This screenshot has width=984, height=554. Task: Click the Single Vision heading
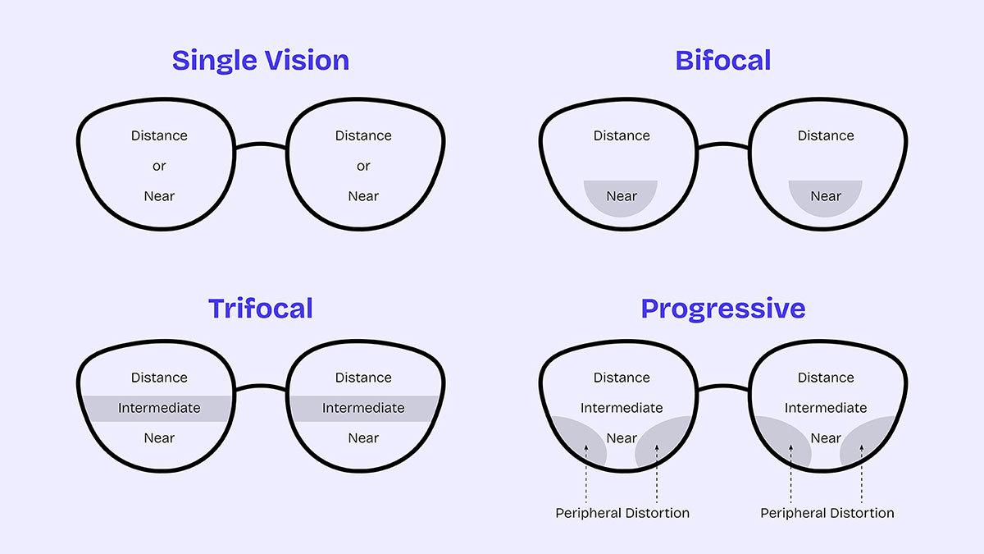click(x=260, y=61)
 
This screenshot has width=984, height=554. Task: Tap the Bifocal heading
click(x=722, y=61)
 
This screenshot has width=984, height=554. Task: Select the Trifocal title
click(x=260, y=309)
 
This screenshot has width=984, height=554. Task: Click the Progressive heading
click(x=722, y=309)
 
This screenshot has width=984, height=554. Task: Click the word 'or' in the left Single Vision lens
click(x=159, y=166)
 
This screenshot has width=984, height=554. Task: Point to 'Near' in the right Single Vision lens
click(x=363, y=196)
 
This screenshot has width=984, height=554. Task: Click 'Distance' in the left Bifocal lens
click(x=622, y=135)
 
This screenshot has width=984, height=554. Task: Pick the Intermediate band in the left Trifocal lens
click(x=159, y=408)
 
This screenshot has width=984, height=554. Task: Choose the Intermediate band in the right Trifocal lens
click(x=363, y=408)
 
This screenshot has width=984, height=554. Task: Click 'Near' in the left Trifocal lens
click(x=159, y=438)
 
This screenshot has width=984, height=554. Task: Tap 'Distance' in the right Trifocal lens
click(x=363, y=378)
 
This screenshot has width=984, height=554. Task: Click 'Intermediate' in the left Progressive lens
click(x=622, y=408)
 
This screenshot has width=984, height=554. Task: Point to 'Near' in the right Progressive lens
click(x=826, y=438)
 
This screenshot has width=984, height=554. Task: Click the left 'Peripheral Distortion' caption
click(x=622, y=513)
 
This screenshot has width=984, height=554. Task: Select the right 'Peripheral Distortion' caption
click(x=827, y=513)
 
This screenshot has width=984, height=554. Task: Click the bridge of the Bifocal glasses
click(x=723, y=147)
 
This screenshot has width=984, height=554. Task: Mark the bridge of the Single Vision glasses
click(x=261, y=147)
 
